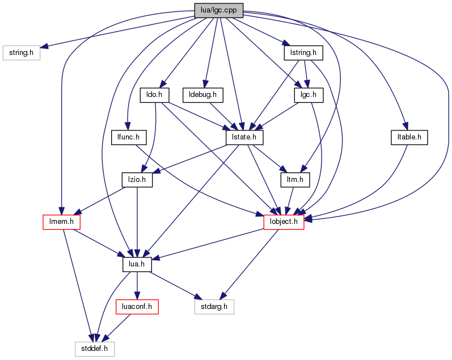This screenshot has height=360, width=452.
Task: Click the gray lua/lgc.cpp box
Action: (218, 10)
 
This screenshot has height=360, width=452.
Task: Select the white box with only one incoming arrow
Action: (22, 53)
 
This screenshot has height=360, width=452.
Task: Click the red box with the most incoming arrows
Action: (284, 222)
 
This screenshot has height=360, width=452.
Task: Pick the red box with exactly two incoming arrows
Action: (61, 222)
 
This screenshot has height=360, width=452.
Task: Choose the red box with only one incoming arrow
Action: (137, 307)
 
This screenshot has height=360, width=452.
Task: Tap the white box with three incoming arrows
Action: (95, 349)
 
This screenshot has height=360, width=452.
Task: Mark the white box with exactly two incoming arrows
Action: (214, 307)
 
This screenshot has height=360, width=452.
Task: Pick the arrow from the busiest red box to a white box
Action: (250, 264)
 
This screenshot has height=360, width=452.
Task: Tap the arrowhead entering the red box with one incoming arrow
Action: (137, 295)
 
